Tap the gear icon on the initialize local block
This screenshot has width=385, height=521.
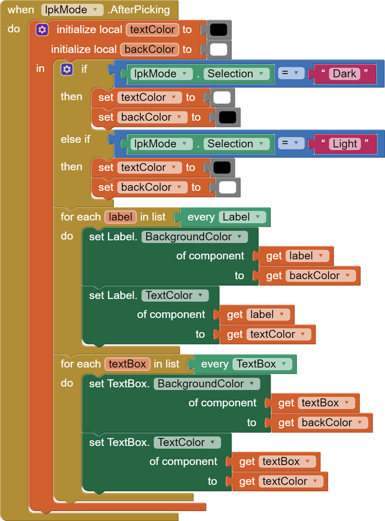click(42, 30)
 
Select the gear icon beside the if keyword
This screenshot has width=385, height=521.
click(67, 69)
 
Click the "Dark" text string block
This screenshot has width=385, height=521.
click(344, 73)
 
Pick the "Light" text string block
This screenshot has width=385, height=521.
click(345, 144)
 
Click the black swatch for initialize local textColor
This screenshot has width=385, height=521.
click(218, 30)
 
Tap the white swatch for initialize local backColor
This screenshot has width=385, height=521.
click(218, 49)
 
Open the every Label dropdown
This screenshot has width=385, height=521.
click(243, 217)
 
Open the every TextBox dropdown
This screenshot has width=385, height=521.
click(262, 364)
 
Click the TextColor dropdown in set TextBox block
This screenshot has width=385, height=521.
click(187, 442)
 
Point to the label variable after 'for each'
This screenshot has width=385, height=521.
click(121, 217)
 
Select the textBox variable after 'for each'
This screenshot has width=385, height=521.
click(127, 364)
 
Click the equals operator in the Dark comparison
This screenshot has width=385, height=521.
click(291, 73)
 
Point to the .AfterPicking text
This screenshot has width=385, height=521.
click(138, 10)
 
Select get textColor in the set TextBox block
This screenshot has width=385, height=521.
click(279, 481)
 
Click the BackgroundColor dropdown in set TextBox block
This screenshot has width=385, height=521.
click(207, 383)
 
